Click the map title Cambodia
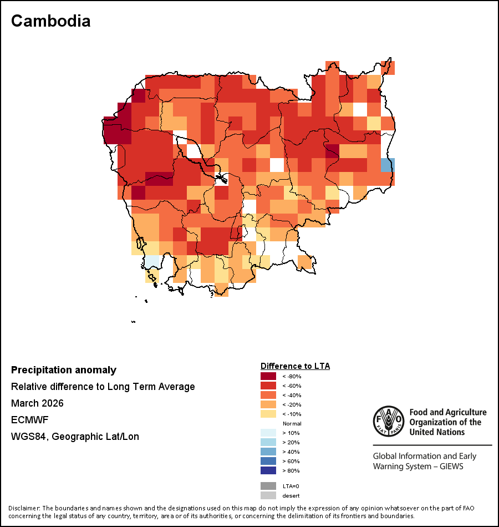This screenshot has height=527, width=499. tap(50, 21)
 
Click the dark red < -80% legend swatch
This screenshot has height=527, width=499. tap(268, 377)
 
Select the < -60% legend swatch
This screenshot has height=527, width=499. tap(268, 386)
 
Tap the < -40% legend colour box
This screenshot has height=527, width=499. tap(268, 396)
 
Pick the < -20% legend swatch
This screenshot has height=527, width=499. tap(268, 405)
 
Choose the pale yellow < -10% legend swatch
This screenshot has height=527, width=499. tap(268, 414)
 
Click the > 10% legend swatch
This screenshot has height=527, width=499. tap(268, 433)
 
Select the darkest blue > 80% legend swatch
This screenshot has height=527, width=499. tap(268, 471)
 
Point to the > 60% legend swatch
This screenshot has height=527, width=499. tap(268, 462)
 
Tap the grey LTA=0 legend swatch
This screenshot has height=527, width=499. tap(268, 486)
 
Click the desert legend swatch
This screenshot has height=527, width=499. tap(268, 495)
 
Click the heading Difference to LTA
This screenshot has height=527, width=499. tap(295, 366)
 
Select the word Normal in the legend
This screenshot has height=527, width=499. tap(292, 424)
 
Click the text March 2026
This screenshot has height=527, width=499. tap(37, 403)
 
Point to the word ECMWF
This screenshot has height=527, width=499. tap(29, 420)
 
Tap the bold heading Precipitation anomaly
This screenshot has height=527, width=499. tap(64, 370)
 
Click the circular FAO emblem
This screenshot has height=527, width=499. tap(388, 421)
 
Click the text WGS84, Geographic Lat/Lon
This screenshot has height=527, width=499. tap(75, 437)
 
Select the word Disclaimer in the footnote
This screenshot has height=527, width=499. tap(24, 508)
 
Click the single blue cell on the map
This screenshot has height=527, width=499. tap(388, 165)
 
